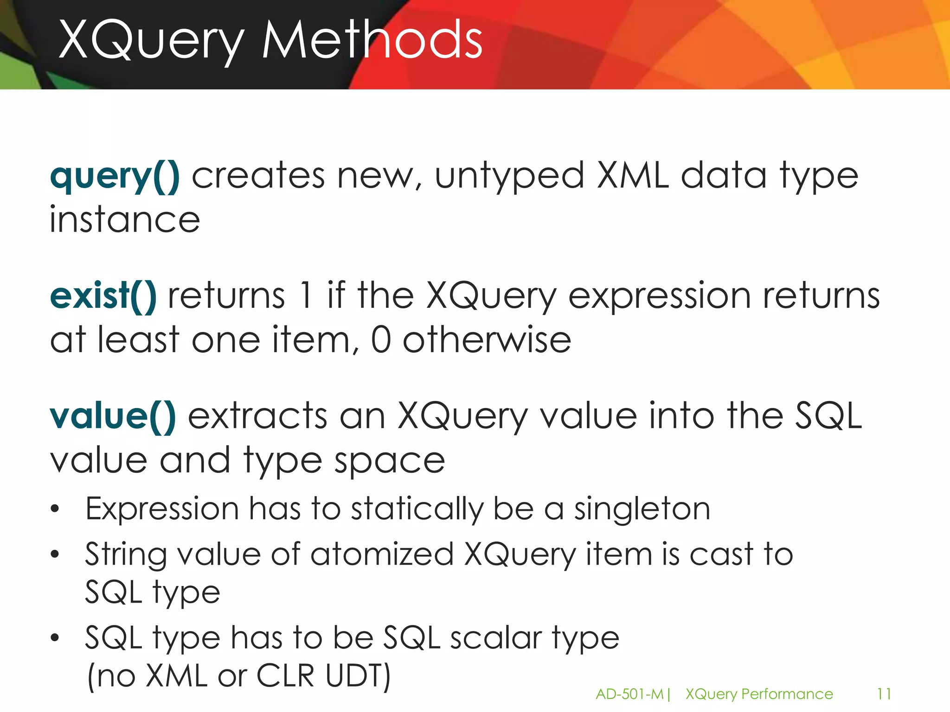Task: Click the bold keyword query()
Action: tap(115, 177)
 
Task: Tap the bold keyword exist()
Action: tap(103, 296)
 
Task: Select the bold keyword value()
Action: tap(113, 416)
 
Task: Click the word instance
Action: tap(125, 220)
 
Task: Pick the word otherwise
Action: tap(487, 340)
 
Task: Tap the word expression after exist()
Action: tap(659, 296)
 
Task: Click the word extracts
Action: tap(257, 416)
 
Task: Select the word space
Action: tap(390, 461)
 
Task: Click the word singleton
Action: tap(642, 509)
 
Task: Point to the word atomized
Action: tap(382, 554)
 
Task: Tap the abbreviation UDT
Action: tap(358, 675)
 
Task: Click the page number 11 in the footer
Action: tap(884, 694)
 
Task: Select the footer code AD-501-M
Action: tap(629, 694)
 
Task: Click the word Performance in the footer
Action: tap(787, 694)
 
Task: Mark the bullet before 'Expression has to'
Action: tap(55, 509)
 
